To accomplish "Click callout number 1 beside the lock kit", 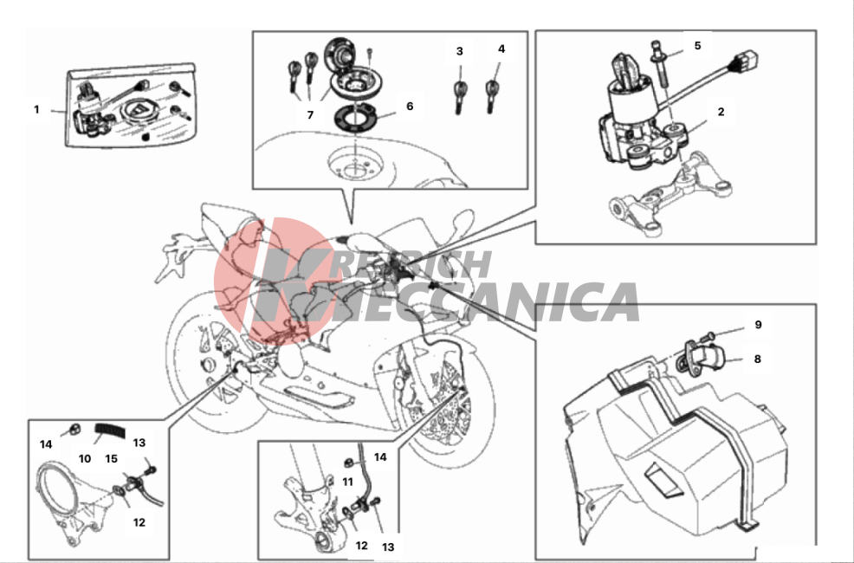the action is click(x=36, y=109).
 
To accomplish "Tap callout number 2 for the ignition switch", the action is click(x=721, y=112).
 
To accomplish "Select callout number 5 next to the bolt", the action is click(x=698, y=46).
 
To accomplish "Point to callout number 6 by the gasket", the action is click(x=411, y=107).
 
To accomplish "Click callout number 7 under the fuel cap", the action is click(x=310, y=115).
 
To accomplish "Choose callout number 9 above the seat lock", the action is click(x=758, y=325).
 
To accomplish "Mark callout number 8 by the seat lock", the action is click(x=758, y=359).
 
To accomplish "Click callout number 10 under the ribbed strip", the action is click(x=84, y=459).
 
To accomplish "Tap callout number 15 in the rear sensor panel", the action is click(x=111, y=459).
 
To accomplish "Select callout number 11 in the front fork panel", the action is click(x=347, y=482).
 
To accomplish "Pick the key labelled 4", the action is click(x=492, y=96).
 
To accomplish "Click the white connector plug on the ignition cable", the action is click(x=747, y=60).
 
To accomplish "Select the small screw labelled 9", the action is click(x=708, y=335).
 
